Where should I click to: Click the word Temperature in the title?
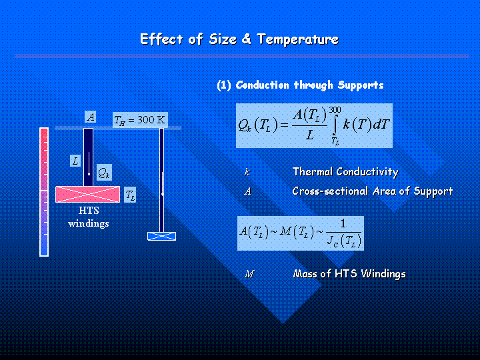pos(297,39)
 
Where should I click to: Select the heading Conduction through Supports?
pos(309,85)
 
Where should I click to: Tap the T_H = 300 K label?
pos(140,120)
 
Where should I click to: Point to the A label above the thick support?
pos(90,117)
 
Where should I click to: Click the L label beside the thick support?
pos(75,161)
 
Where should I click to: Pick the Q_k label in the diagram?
pos(104,173)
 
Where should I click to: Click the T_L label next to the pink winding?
pos(130,195)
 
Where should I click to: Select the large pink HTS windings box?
pos(87,194)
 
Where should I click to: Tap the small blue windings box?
pos(161,236)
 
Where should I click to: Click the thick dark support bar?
pos(89,157)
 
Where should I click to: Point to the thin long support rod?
pos(161,180)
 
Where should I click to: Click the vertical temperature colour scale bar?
pos(44,192)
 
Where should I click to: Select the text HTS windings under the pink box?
pos(89,217)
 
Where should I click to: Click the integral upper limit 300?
pos(335,109)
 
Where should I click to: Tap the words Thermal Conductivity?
pos(345,172)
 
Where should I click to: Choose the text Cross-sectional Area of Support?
pos(373,191)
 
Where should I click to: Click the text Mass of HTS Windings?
pos(349,273)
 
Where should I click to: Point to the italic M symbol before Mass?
pos(249,274)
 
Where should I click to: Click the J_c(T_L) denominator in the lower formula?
pos(344,241)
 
